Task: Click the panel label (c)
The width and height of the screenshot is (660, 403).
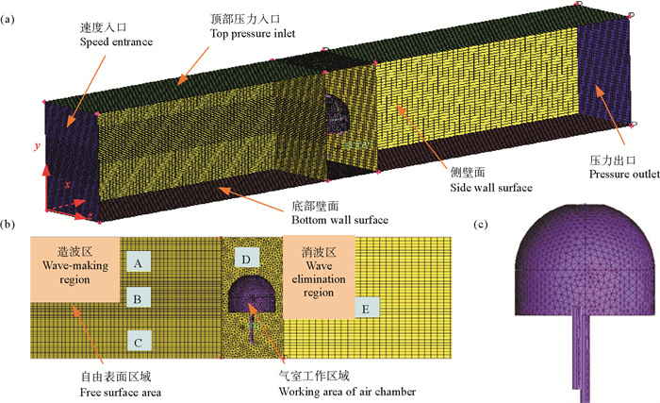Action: (x=482, y=224)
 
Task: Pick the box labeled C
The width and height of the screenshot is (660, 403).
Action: (x=138, y=338)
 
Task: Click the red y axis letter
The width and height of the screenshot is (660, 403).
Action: (x=35, y=146)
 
